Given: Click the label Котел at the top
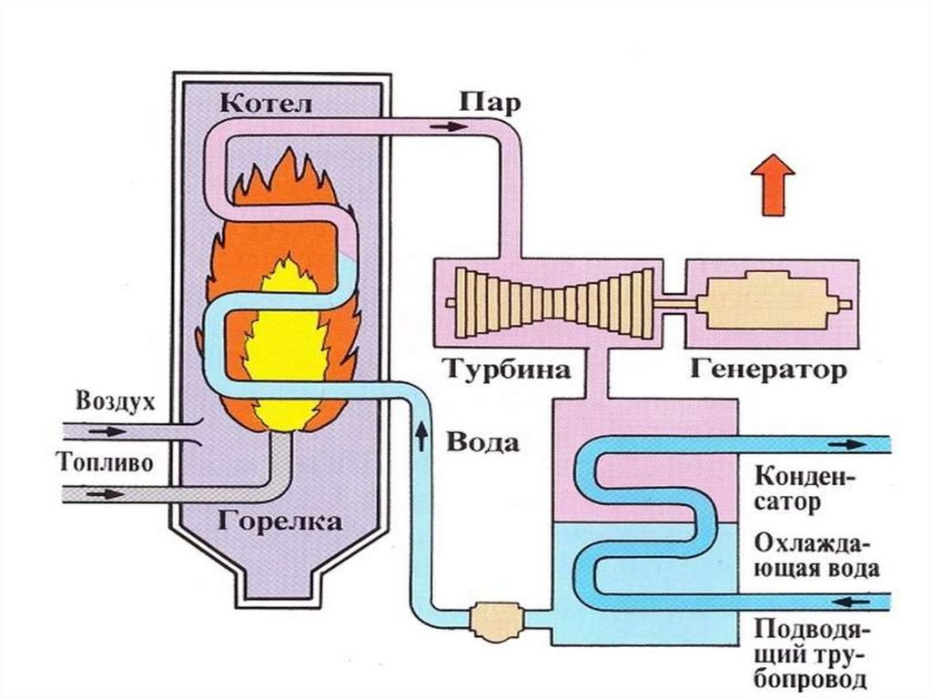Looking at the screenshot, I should (266, 103).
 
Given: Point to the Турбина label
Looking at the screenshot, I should (508, 369).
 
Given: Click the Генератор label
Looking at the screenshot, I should (769, 369).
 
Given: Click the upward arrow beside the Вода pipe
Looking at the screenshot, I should (421, 435).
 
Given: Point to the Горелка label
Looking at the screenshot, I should (279, 522).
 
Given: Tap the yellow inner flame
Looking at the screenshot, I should (288, 346).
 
